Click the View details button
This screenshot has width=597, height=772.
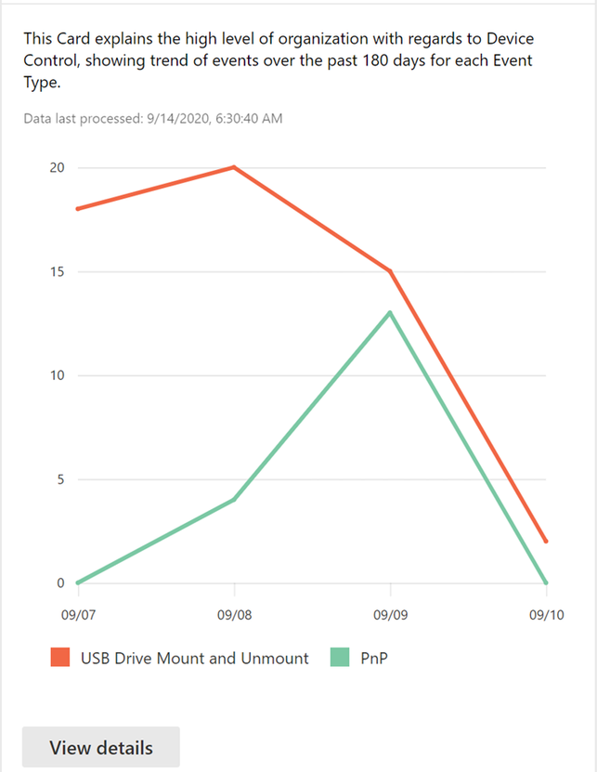click(x=100, y=747)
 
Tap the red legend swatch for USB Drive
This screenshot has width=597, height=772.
click(x=60, y=658)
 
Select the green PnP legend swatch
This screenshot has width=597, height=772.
click(x=340, y=658)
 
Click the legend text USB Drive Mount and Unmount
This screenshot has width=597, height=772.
click(x=194, y=658)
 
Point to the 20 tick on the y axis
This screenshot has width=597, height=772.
click(x=58, y=167)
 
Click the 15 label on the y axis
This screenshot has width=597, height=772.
click(x=58, y=271)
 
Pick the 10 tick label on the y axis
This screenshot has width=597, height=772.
click(x=58, y=375)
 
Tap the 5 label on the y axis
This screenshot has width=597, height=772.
click(x=59, y=479)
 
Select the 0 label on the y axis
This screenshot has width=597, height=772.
click(x=59, y=583)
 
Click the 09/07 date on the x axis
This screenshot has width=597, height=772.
click(x=78, y=615)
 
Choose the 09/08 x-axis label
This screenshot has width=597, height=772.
click(x=234, y=615)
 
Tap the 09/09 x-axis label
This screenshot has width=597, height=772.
click(x=390, y=615)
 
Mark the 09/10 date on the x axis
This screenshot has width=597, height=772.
click(x=546, y=615)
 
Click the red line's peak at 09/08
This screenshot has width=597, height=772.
click(x=234, y=167)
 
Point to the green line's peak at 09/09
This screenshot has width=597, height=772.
click(x=390, y=312)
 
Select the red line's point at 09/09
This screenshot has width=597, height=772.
click(x=390, y=271)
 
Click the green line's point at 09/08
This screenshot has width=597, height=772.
click(x=234, y=500)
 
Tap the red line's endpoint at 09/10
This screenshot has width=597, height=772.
click(x=546, y=541)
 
